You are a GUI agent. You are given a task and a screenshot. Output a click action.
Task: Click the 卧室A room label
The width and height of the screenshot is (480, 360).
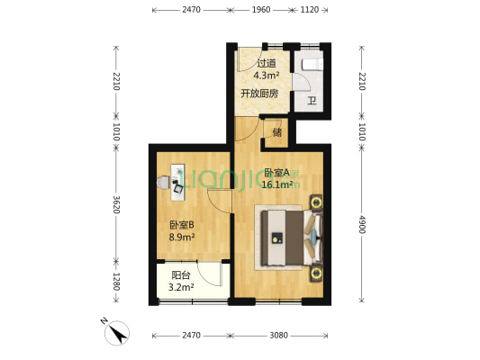(x=277, y=173)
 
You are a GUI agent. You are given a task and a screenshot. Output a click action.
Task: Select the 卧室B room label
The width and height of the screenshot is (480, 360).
(x=182, y=226)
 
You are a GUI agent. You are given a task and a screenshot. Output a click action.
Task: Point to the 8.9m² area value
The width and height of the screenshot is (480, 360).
(x=182, y=238)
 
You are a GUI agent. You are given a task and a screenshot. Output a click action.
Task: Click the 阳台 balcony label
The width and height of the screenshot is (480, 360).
(x=180, y=275)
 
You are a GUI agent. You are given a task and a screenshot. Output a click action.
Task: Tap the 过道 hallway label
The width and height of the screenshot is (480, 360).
(x=266, y=64)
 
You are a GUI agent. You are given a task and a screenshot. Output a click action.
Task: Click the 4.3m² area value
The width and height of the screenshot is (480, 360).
(x=266, y=76)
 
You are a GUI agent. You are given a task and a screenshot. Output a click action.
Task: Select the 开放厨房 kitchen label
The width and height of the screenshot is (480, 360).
(x=258, y=94)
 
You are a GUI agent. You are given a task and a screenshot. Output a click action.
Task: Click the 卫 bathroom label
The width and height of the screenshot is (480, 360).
(x=312, y=101)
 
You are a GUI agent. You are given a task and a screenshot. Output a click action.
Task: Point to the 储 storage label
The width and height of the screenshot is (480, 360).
(x=276, y=132)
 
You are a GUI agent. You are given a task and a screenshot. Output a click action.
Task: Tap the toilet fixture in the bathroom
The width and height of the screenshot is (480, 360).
(x=311, y=64)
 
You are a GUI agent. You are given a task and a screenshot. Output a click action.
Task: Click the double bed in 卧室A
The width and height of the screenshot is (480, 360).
(x=286, y=238)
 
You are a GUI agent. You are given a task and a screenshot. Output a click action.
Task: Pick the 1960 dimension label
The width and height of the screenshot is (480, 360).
(x=260, y=10)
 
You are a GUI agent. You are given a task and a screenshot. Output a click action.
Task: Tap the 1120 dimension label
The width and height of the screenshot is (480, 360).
(x=309, y=10)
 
